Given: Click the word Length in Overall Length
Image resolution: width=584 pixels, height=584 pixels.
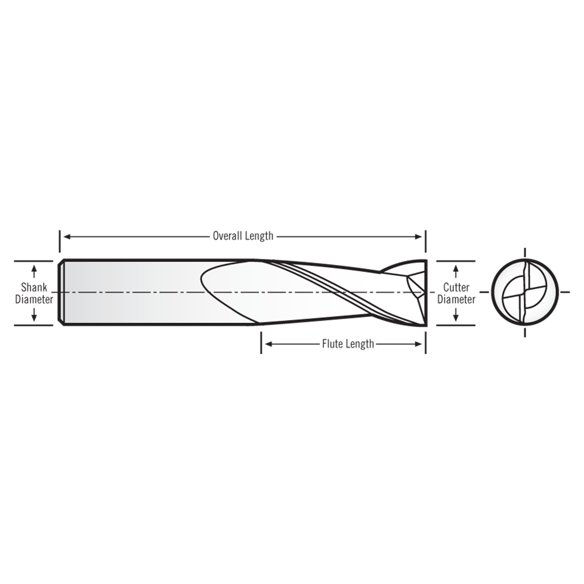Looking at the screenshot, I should (259, 236).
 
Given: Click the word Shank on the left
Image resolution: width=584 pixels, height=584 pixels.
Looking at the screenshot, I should (34, 287).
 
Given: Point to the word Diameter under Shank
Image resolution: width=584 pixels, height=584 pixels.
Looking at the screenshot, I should (34, 300).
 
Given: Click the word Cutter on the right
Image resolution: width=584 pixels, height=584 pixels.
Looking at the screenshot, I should (456, 287).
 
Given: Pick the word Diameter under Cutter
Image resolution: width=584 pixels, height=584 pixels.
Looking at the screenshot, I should (456, 300).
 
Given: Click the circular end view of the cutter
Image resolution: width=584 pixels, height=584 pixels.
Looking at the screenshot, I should (525, 292).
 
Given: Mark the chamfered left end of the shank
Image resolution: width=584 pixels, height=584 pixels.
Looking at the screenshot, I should (61, 292).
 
